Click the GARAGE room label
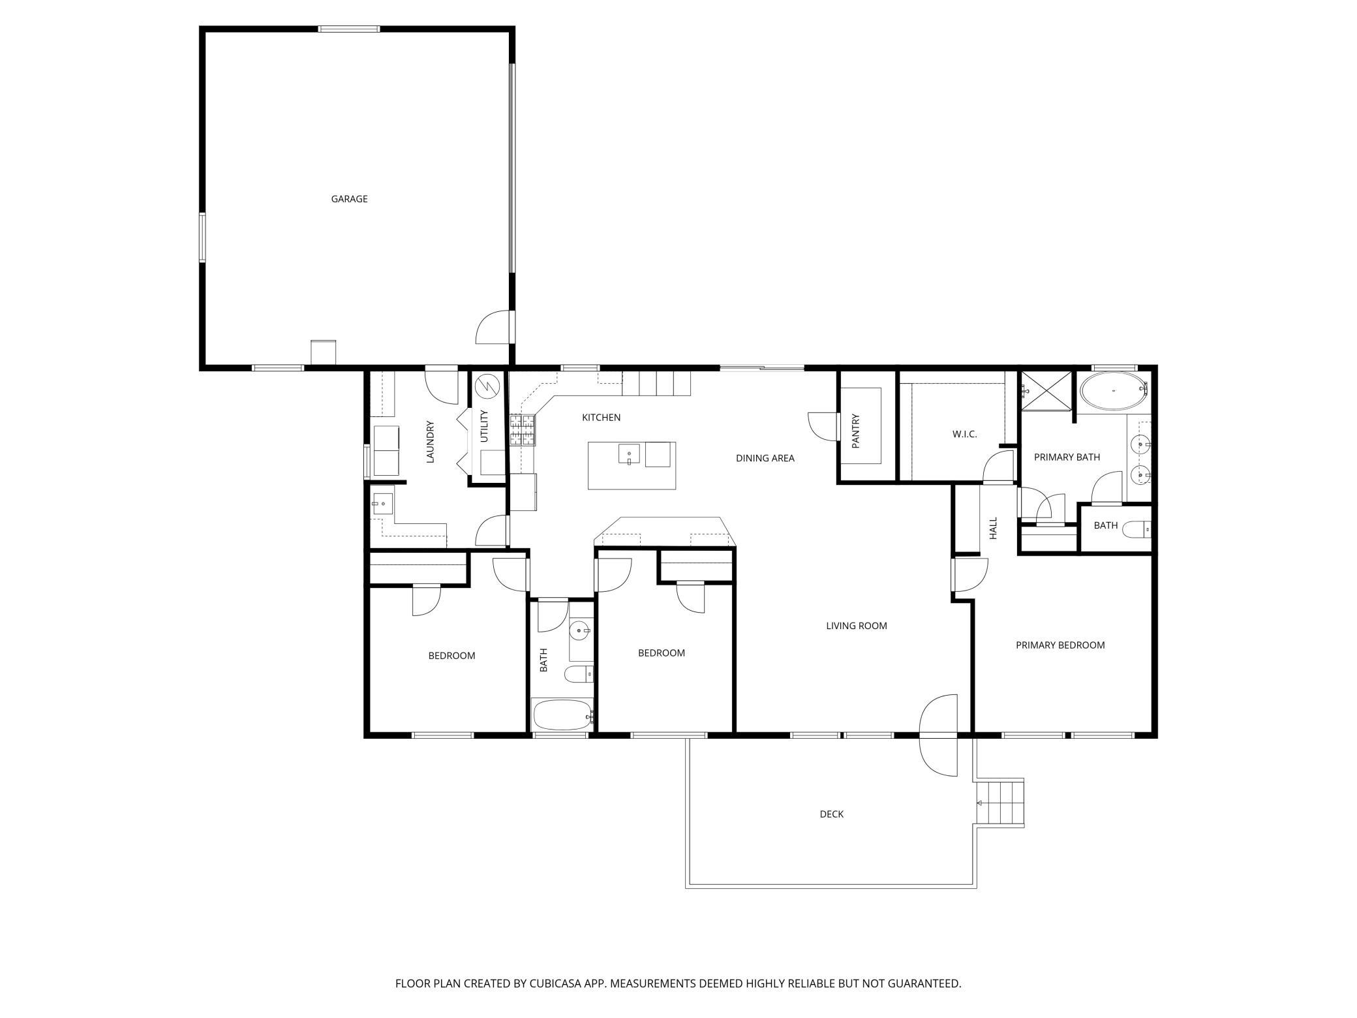[x=349, y=199]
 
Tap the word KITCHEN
[x=601, y=418]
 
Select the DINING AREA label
[x=765, y=458]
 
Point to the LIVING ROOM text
[x=857, y=626]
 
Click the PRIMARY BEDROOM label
[x=1060, y=645]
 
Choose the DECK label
[x=832, y=814]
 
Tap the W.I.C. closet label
[x=965, y=434]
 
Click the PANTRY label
[x=857, y=431]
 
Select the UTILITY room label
[x=484, y=426]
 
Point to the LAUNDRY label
[x=430, y=442]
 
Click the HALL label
[x=994, y=528]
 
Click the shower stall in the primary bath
[x=1046, y=391]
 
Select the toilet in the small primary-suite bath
[x=1138, y=529]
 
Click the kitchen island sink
[x=629, y=454]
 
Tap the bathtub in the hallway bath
[x=563, y=715]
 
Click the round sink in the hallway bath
[x=579, y=630]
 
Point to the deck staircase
[x=999, y=803]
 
